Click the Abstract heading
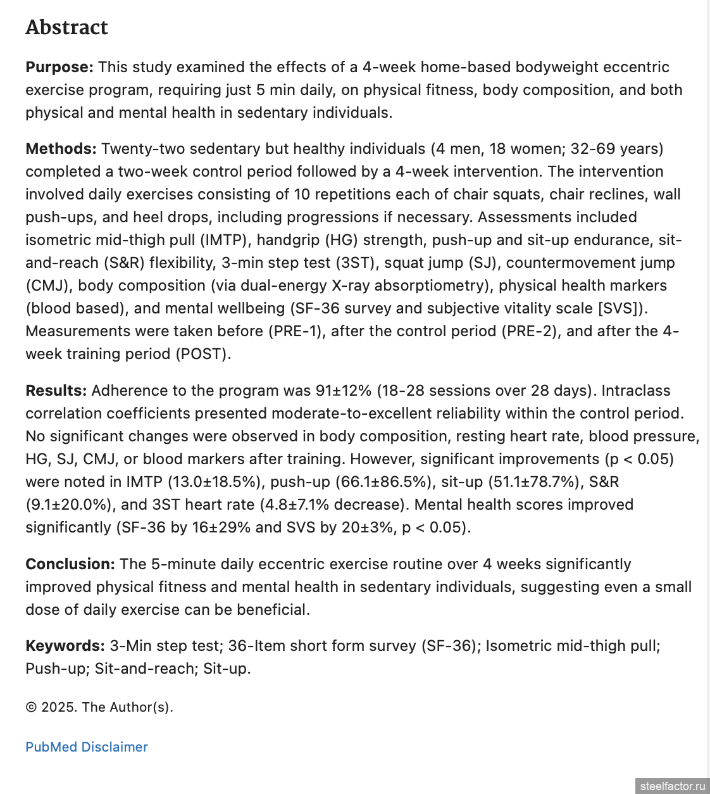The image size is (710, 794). (67, 27)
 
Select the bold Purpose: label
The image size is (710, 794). (59, 67)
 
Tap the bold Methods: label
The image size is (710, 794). (61, 149)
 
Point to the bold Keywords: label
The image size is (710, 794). (65, 646)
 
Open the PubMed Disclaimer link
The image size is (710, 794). (87, 747)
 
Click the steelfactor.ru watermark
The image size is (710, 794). (672, 786)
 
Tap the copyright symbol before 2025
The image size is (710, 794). (31, 707)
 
